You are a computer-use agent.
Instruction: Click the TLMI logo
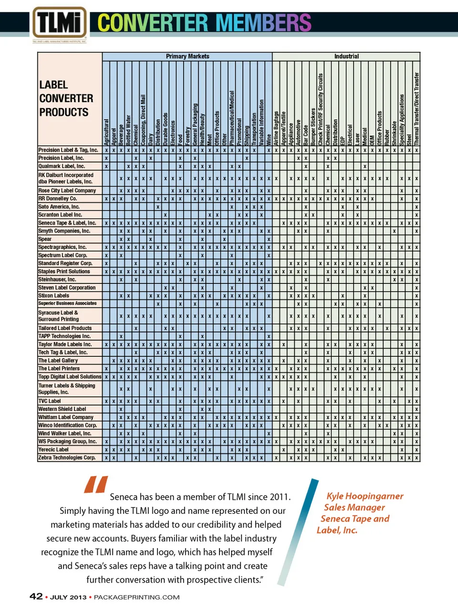pyautogui.click(x=59, y=23)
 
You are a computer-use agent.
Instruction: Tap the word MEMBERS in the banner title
pyautogui.click(x=263, y=23)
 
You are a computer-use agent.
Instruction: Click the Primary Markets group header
pyautogui.click(x=187, y=56)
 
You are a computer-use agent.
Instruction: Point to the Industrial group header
pyautogui.click(x=346, y=56)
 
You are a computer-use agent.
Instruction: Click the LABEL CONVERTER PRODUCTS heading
pyautogui.click(x=66, y=99)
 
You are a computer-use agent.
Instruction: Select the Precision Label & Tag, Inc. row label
pyautogui.click(x=68, y=150)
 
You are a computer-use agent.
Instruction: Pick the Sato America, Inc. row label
pyautogui.click(x=59, y=207)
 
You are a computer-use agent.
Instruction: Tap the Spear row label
pyautogui.click(x=45, y=239)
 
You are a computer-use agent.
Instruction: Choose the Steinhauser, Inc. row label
pyautogui.click(x=57, y=280)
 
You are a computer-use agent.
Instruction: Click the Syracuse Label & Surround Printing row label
pyautogui.click(x=59, y=316)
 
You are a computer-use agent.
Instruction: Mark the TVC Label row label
pyautogui.click(x=50, y=401)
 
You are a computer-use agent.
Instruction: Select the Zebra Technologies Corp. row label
pyautogui.click(x=67, y=458)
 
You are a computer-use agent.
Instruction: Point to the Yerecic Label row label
pyautogui.click(x=53, y=449)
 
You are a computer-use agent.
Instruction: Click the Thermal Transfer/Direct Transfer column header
pyautogui.click(x=416, y=109)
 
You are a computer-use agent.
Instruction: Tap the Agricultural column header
pyautogui.click(x=106, y=132)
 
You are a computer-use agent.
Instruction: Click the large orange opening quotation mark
pyautogui.click(x=96, y=484)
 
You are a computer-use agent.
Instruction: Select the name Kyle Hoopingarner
pyautogui.click(x=365, y=496)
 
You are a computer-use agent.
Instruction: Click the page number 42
pyautogui.click(x=36, y=596)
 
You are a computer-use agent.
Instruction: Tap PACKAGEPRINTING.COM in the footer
pyautogui.click(x=136, y=597)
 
